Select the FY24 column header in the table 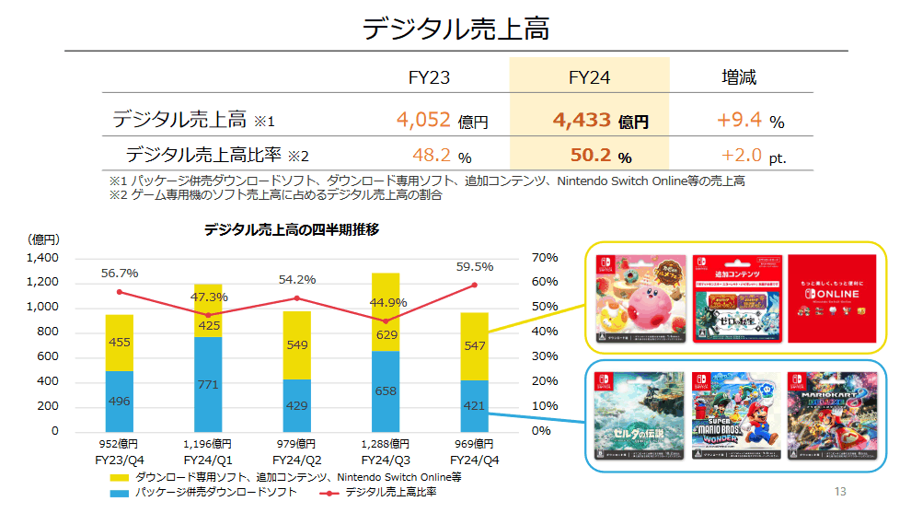[589, 77]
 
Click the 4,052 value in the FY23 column [423, 120]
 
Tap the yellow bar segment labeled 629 [386, 334]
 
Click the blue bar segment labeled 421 [474, 405]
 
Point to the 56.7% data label [120, 273]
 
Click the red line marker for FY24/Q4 [475, 285]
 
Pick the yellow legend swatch [119, 478]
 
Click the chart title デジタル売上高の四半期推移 [292, 230]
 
